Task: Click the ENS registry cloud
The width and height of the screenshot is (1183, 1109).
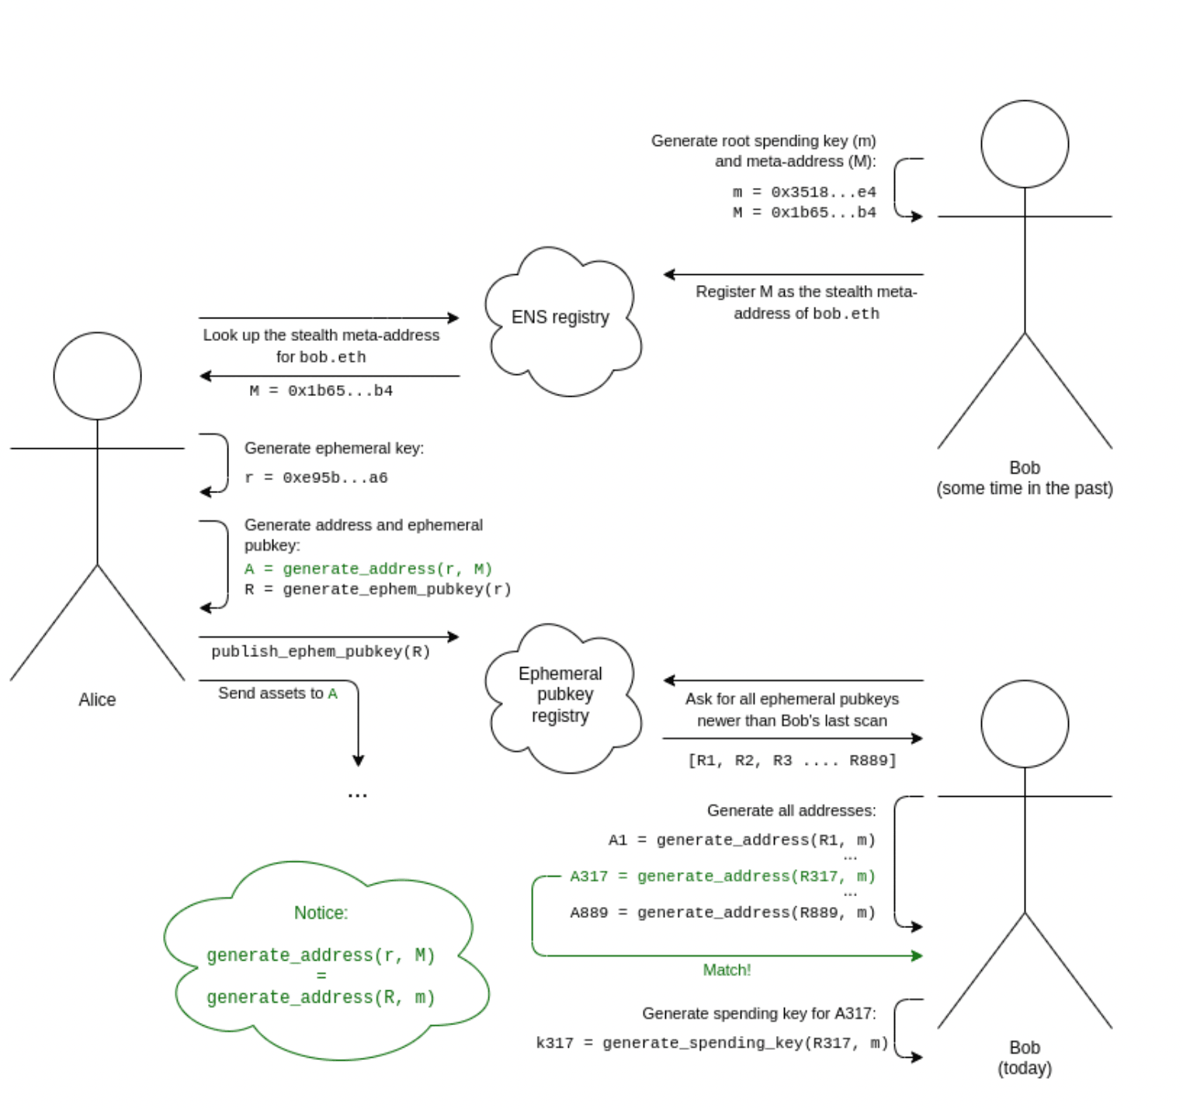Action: tap(560, 318)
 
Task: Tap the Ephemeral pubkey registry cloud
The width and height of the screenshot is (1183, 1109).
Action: tap(560, 695)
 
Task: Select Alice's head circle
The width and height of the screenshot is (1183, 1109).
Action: tap(97, 376)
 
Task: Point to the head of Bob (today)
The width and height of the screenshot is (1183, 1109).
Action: tap(1024, 724)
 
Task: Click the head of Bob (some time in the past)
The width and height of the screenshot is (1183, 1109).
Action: tap(1024, 144)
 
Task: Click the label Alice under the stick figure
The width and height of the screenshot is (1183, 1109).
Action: tap(97, 700)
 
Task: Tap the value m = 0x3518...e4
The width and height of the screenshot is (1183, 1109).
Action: tap(803, 192)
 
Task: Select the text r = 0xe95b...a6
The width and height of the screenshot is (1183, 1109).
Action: tap(316, 478)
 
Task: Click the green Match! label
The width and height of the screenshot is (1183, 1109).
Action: tap(727, 970)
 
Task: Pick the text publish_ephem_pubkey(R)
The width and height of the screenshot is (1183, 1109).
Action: tap(321, 652)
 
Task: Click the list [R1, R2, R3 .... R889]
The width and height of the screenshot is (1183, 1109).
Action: tap(792, 760)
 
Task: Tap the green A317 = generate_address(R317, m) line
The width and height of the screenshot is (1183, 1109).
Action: tap(722, 876)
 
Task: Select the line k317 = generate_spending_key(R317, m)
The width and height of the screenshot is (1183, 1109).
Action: tap(712, 1043)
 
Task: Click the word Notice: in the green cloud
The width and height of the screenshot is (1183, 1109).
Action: tap(321, 913)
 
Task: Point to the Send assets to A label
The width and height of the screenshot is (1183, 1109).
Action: tap(277, 694)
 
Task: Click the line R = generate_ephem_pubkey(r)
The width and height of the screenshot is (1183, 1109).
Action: tap(378, 589)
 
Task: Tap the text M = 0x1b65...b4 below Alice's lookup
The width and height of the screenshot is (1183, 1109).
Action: tap(321, 391)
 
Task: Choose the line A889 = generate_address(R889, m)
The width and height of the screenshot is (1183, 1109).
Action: tap(722, 913)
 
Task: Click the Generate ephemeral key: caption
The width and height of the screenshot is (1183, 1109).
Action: tap(334, 448)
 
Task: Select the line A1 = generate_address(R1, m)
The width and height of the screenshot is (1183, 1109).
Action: tap(741, 840)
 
